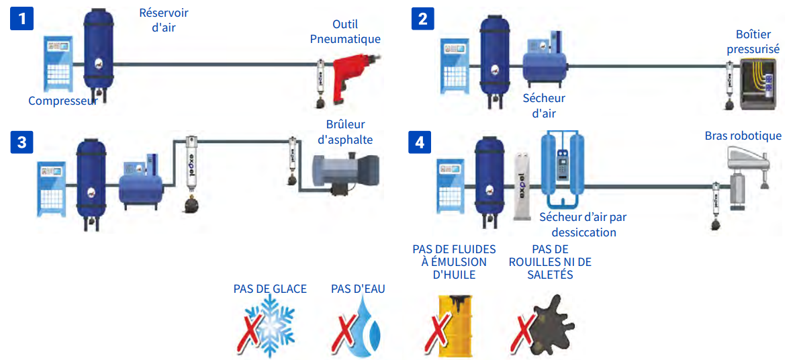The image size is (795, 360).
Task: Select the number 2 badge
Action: pyautogui.click(x=422, y=19)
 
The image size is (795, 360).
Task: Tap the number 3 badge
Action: pyautogui.click(x=22, y=142)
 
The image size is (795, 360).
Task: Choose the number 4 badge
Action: pyautogui.click(x=420, y=142)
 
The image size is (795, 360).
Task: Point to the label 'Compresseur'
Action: pyautogui.click(x=62, y=101)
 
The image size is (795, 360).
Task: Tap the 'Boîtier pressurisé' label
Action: pyautogui.click(x=753, y=41)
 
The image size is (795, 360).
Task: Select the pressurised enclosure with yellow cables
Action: pyautogui.click(x=757, y=83)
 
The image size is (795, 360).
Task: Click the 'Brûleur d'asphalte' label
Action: pyautogui.click(x=344, y=132)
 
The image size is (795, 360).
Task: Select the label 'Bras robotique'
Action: pyautogui.click(x=743, y=136)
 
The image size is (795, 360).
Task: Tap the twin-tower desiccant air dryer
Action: pyautogui.click(x=563, y=169)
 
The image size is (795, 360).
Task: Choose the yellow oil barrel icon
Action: pyautogui.click(x=455, y=325)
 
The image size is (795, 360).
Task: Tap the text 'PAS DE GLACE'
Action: pyautogui.click(x=270, y=289)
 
